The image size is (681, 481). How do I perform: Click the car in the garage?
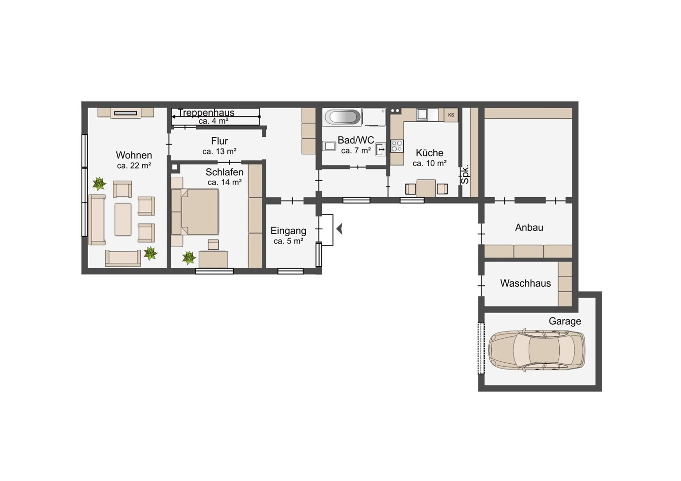(536, 350)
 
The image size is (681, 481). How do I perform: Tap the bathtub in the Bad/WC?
(342, 117)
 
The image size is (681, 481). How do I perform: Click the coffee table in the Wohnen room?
(123, 220)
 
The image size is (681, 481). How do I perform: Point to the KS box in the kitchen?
(451, 115)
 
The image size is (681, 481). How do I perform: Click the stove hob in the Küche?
(397, 146)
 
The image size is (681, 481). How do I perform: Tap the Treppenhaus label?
(206, 112)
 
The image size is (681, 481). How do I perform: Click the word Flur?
(220, 141)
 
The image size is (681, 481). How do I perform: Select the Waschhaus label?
(525, 283)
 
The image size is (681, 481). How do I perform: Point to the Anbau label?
(529, 227)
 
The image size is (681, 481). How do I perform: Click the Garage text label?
(565, 321)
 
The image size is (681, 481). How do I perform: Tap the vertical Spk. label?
(465, 174)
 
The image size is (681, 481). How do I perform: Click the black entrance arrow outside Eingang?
(340, 229)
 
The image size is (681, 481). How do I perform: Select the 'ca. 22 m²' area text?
(134, 166)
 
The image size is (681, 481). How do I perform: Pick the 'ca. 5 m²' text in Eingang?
(288, 241)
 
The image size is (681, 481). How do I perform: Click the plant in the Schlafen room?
(189, 258)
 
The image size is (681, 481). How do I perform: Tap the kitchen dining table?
(426, 188)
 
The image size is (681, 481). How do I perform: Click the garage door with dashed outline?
(481, 348)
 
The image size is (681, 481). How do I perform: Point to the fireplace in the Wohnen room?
(126, 113)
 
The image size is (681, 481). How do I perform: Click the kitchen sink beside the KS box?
(423, 114)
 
